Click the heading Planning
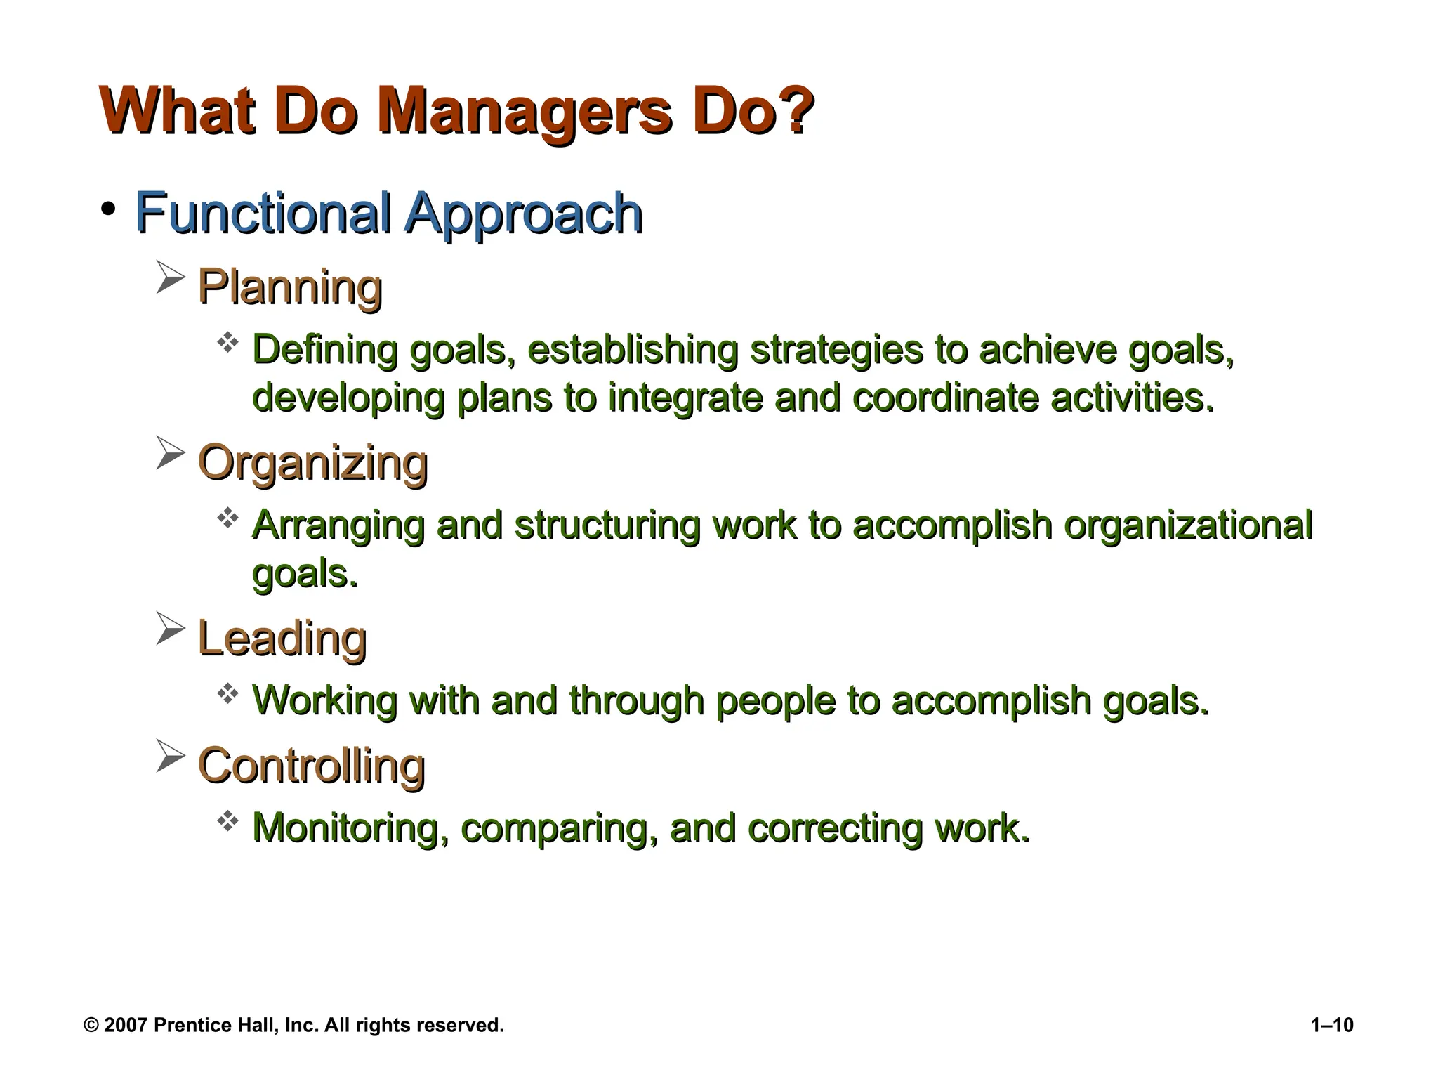289,287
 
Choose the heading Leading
282,639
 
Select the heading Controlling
311,766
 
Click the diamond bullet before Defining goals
227,344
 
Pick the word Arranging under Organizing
338,526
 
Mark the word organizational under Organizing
1187,526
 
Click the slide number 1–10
1331,1025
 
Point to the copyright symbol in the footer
91,1026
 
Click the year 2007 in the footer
125,1026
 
